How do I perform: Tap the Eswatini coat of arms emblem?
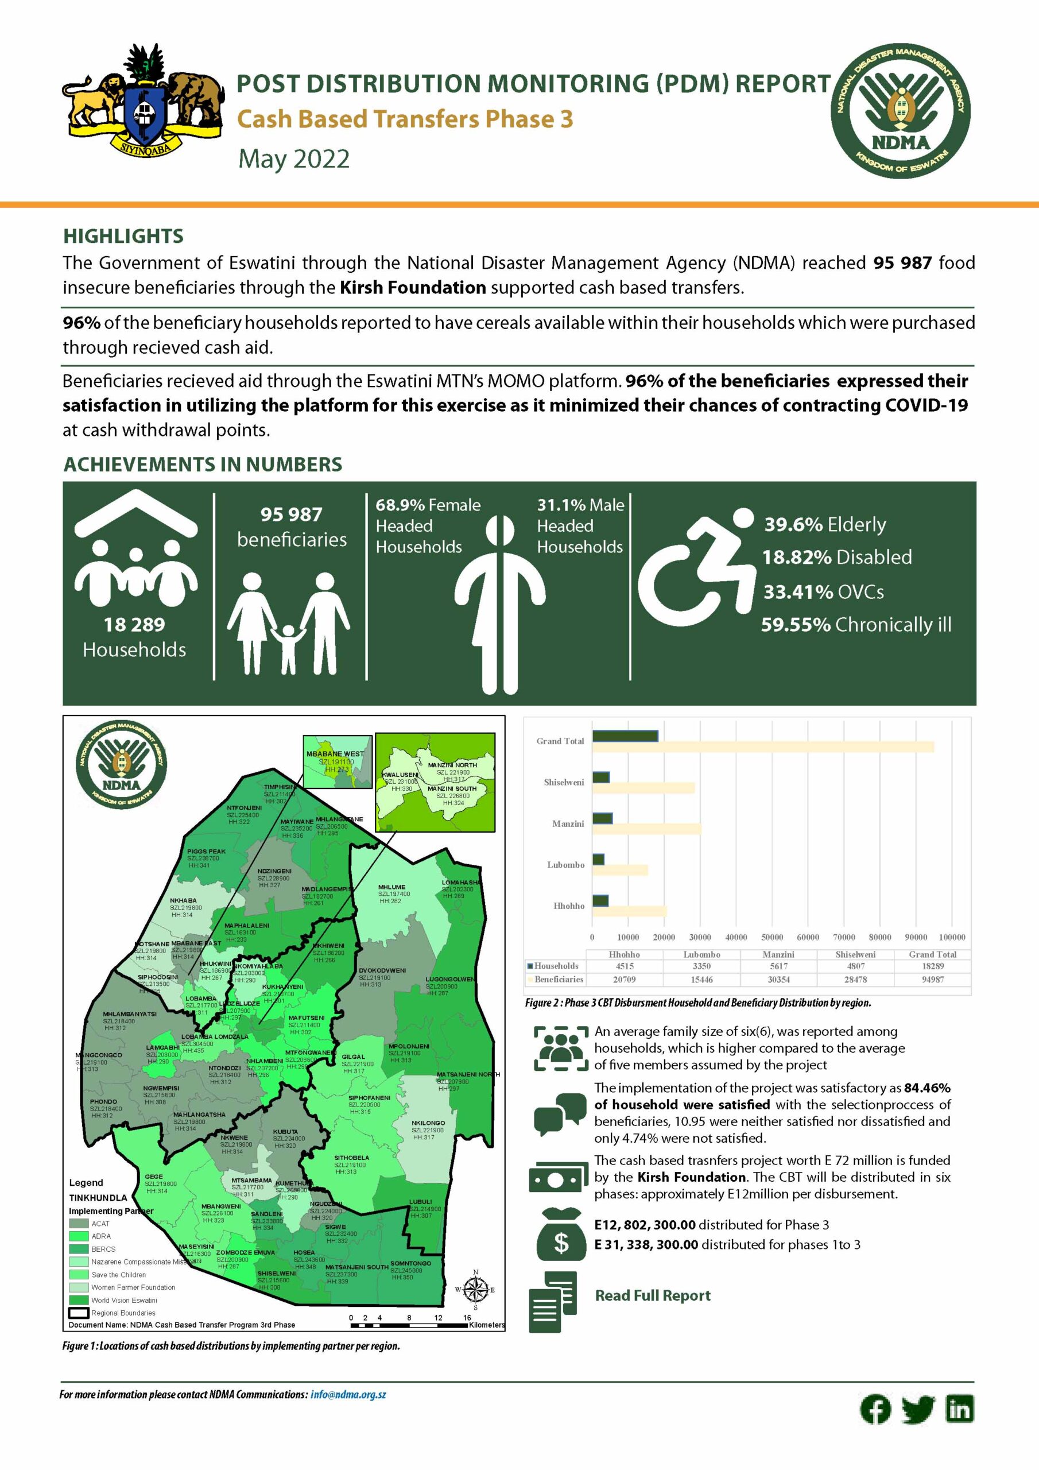click(x=142, y=102)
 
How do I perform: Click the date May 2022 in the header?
click(x=294, y=159)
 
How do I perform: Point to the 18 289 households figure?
click(x=134, y=624)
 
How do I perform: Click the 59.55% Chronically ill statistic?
click(x=856, y=625)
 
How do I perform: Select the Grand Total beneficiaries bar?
click(x=762, y=746)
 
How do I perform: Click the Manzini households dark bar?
click(x=602, y=818)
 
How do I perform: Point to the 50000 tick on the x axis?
click(x=772, y=937)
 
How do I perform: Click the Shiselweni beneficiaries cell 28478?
click(x=855, y=980)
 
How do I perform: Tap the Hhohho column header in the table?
click(x=624, y=954)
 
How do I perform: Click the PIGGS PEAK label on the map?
click(x=206, y=852)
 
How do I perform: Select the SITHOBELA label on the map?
click(x=351, y=1158)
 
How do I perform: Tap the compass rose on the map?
click(x=475, y=1290)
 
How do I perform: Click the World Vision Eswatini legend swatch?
click(x=79, y=1299)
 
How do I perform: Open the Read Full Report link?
click(x=652, y=1295)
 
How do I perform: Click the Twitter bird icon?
click(x=918, y=1409)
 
